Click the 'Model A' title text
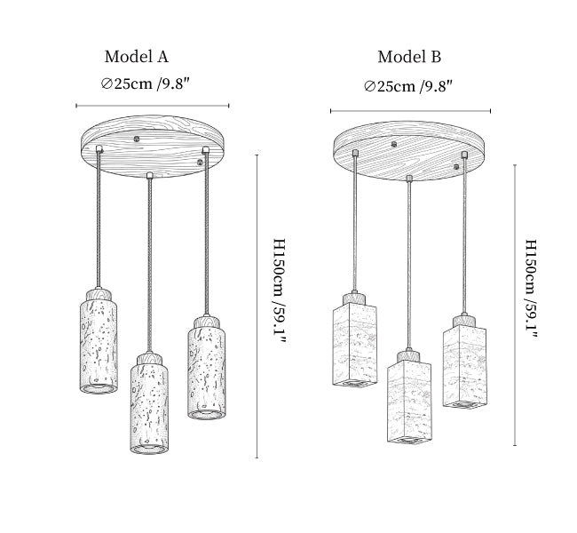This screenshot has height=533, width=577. click(x=137, y=57)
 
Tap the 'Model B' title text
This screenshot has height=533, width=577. click(x=409, y=57)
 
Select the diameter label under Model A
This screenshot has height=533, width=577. click(x=146, y=84)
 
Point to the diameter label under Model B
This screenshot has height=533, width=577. click(x=408, y=86)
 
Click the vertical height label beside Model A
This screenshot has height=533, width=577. click(x=280, y=291)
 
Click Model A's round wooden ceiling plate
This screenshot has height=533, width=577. click(x=153, y=147)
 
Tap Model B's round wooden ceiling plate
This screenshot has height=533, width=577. click(x=409, y=151)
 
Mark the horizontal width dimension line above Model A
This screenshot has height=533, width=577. click(x=153, y=106)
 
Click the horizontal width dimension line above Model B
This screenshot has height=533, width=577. click(x=411, y=111)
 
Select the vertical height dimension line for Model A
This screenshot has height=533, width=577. click(x=257, y=306)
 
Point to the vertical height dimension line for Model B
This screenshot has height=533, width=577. click(x=515, y=306)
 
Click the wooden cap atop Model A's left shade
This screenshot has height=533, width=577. click(x=99, y=296)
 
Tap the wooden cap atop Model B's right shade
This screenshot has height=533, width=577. click(x=463, y=321)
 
